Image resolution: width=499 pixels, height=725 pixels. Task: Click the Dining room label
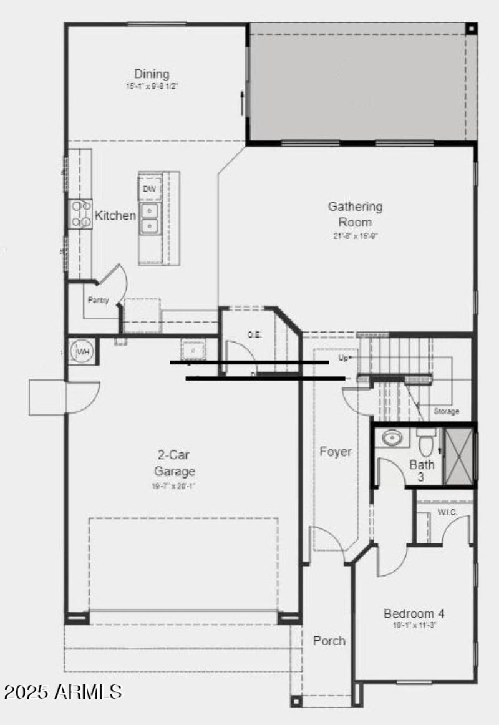click(x=152, y=74)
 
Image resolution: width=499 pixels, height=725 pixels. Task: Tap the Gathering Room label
click(x=356, y=214)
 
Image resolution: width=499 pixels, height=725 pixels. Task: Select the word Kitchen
click(x=115, y=216)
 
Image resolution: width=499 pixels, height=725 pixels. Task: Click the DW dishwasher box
click(x=150, y=189)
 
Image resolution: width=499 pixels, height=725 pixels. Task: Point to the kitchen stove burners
click(x=80, y=213)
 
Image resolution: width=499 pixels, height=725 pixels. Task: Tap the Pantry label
click(x=98, y=300)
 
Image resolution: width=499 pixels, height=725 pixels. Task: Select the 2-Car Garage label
click(x=175, y=463)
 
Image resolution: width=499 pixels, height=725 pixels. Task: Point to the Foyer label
click(x=336, y=452)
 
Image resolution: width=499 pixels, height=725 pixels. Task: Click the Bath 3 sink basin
click(x=392, y=439)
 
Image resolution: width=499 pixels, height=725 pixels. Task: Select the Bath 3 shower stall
click(x=458, y=456)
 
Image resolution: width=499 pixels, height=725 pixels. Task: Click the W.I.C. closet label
click(x=447, y=513)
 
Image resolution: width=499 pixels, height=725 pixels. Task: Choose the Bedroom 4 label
click(x=414, y=613)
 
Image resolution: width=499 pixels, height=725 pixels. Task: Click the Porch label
click(x=329, y=641)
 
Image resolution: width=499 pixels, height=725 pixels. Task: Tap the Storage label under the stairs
click(x=447, y=412)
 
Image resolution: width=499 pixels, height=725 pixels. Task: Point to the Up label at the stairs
click(x=343, y=358)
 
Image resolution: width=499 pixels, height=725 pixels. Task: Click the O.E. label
click(x=254, y=335)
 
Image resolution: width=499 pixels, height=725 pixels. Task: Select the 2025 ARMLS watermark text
click(x=62, y=691)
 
